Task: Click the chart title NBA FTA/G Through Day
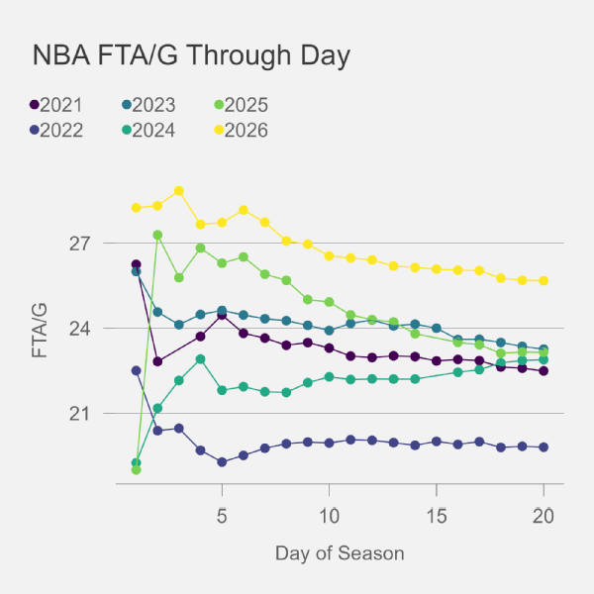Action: click(191, 55)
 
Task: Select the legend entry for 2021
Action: click(57, 105)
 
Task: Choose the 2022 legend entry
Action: click(57, 130)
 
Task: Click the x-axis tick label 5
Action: click(222, 515)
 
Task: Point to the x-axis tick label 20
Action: click(543, 515)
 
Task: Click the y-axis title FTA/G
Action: click(39, 329)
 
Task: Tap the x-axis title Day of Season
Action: click(340, 551)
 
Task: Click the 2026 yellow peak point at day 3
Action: click(179, 191)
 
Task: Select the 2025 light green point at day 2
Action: click(157, 235)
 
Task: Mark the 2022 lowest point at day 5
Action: click(222, 462)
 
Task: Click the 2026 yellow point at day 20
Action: click(544, 281)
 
